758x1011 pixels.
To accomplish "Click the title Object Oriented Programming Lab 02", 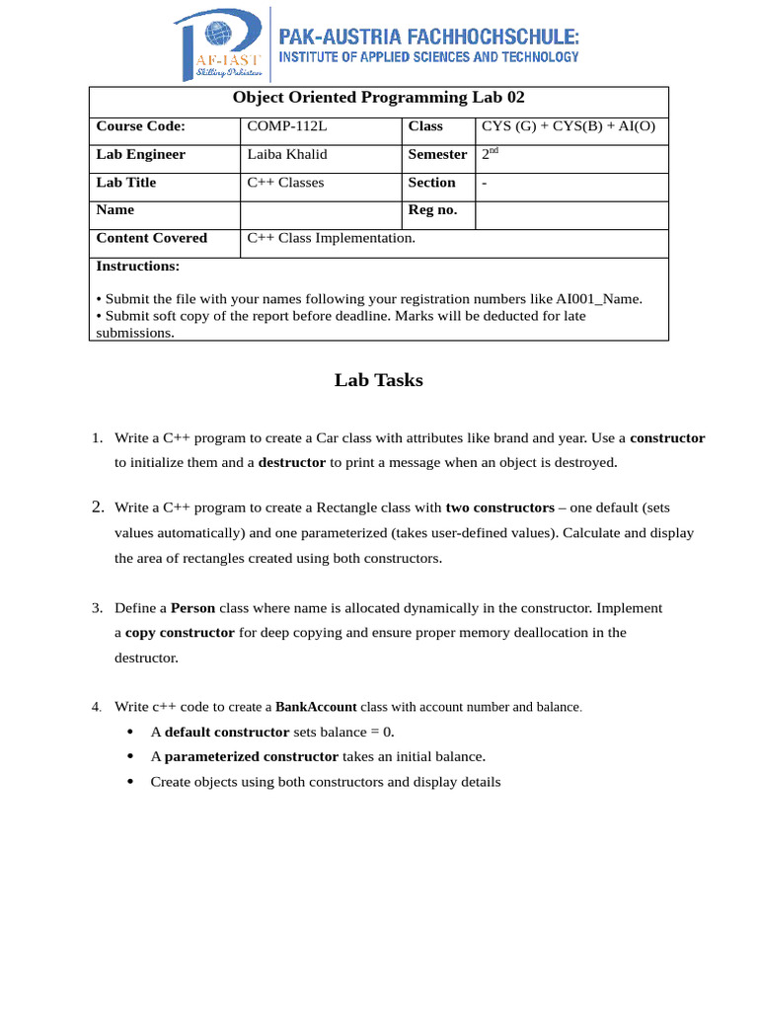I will [x=379, y=98].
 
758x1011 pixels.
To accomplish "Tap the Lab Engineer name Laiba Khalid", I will [x=286, y=155].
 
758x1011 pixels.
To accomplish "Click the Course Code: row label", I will [x=140, y=126].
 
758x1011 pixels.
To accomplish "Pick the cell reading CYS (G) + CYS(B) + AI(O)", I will [x=568, y=126].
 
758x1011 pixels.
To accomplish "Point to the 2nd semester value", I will [x=491, y=154].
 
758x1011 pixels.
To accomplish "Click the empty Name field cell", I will [x=321, y=214].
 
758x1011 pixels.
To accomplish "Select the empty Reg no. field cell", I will [x=571, y=214].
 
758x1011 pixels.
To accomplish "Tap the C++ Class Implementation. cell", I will [x=331, y=238].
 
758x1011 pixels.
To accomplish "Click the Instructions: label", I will [x=137, y=267].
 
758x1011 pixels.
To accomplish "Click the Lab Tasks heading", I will [x=378, y=380].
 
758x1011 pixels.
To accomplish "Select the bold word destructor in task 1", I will [x=291, y=462].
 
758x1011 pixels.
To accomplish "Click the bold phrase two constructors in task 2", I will [x=499, y=507].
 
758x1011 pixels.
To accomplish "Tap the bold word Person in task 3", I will [x=192, y=608].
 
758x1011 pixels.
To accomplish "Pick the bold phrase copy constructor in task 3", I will [x=180, y=633].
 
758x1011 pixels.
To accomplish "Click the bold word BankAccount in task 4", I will [x=316, y=707].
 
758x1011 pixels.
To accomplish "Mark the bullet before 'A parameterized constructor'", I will [x=131, y=757].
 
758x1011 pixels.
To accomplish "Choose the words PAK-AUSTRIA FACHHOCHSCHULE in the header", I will [x=429, y=37].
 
